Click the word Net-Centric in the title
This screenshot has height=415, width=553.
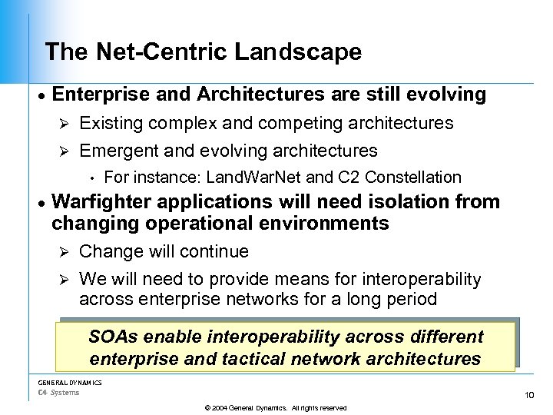click(162, 52)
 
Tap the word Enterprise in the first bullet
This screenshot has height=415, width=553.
click(99, 95)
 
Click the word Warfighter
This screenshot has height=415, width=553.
click(104, 202)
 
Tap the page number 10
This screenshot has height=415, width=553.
click(528, 395)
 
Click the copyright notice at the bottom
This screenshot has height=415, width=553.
click(276, 407)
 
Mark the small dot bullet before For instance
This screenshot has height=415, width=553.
click(91, 178)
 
